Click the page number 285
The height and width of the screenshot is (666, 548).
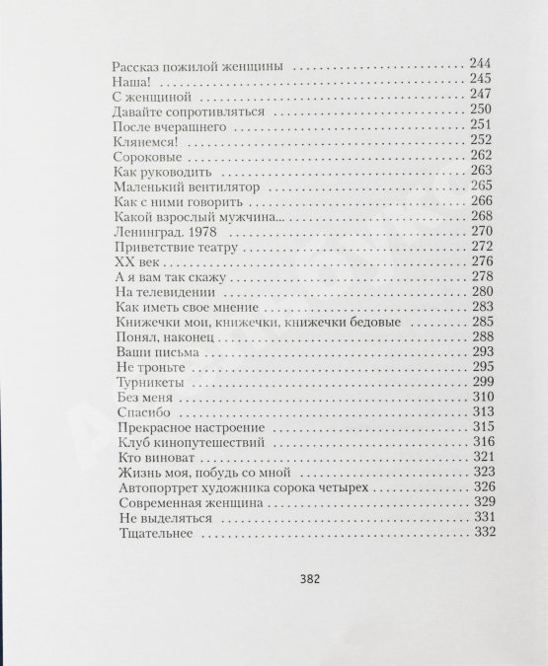click(x=483, y=322)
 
